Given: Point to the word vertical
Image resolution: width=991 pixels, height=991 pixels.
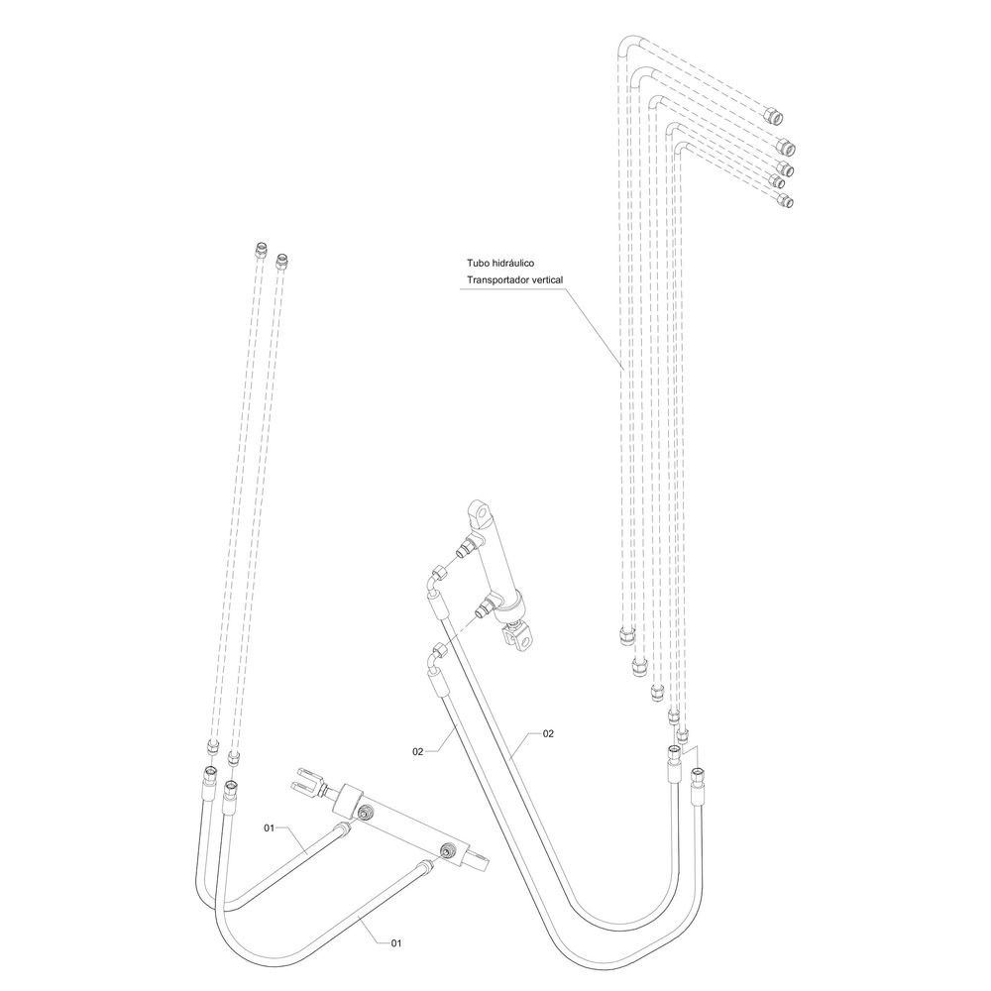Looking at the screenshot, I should [547, 281].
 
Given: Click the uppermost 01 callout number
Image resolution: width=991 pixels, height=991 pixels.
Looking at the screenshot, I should [269, 826].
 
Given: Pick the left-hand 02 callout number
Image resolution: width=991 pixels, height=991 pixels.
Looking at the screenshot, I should [418, 752].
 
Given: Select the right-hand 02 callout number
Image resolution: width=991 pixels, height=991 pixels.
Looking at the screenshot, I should [548, 733].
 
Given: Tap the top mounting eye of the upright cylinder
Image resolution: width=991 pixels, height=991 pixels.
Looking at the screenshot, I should [480, 513].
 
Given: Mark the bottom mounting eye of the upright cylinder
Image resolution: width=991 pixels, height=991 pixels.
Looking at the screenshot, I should [516, 641].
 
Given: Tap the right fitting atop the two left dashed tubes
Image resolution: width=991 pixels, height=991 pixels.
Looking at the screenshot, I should [283, 261].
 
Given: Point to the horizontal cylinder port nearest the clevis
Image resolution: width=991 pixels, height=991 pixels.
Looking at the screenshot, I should [366, 813].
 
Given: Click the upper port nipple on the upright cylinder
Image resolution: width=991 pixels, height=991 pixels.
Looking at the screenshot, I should [463, 546].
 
